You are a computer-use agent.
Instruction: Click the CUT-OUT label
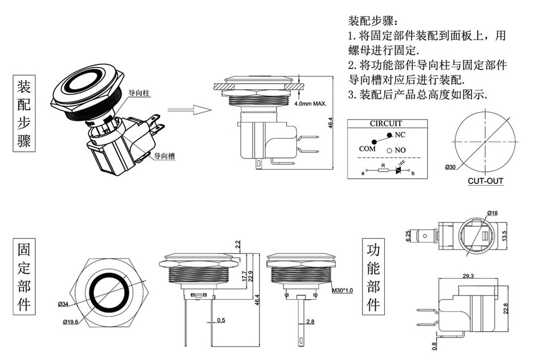pos(486,181)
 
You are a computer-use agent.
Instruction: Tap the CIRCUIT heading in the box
pos(386,124)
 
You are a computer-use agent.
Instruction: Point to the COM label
pos(367,149)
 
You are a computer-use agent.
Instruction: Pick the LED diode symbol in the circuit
pos(398,171)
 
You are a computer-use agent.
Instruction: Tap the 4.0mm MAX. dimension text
pos(310,103)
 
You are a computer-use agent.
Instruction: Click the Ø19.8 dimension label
pos(70,322)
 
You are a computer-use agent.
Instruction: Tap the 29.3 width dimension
pos(469,276)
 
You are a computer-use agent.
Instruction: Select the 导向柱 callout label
pos(139,93)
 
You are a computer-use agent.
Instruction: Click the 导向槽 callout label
pos(165,156)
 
